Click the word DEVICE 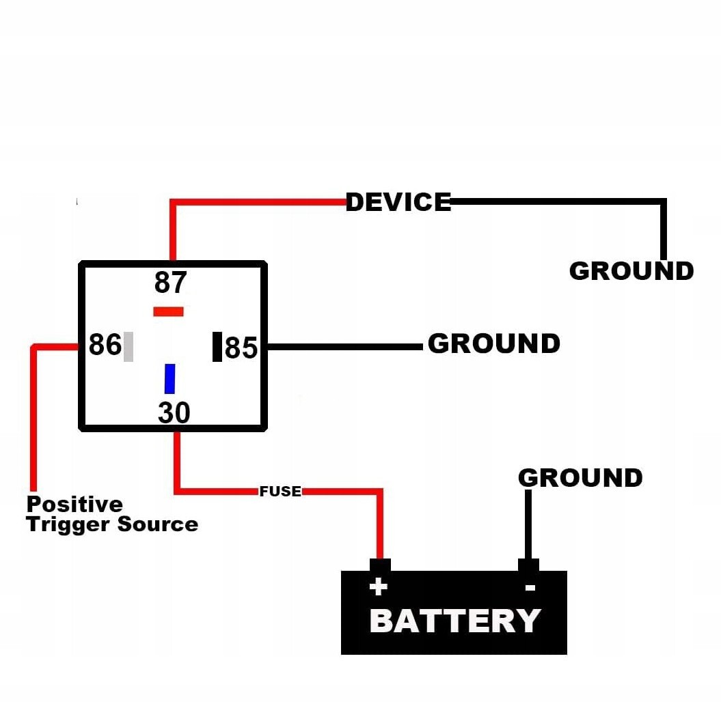coord(398,202)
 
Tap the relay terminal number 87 coord(170,282)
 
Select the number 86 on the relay coord(105,345)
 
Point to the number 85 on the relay coord(241,348)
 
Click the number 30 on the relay coord(174,413)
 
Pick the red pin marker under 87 coord(168,311)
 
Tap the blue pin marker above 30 coord(169,378)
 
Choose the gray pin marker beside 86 coord(128,346)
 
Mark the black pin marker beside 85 coord(217,346)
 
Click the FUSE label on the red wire coord(280,491)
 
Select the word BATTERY coord(454,621)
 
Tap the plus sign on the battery coord(378,586)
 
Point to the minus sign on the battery coord(530,587)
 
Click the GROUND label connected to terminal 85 coord(493,343)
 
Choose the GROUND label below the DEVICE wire coord(631,271)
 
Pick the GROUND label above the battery coord(580,477)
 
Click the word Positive coord(74,505)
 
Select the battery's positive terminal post coord(380,565)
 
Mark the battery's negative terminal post coord(528,565)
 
